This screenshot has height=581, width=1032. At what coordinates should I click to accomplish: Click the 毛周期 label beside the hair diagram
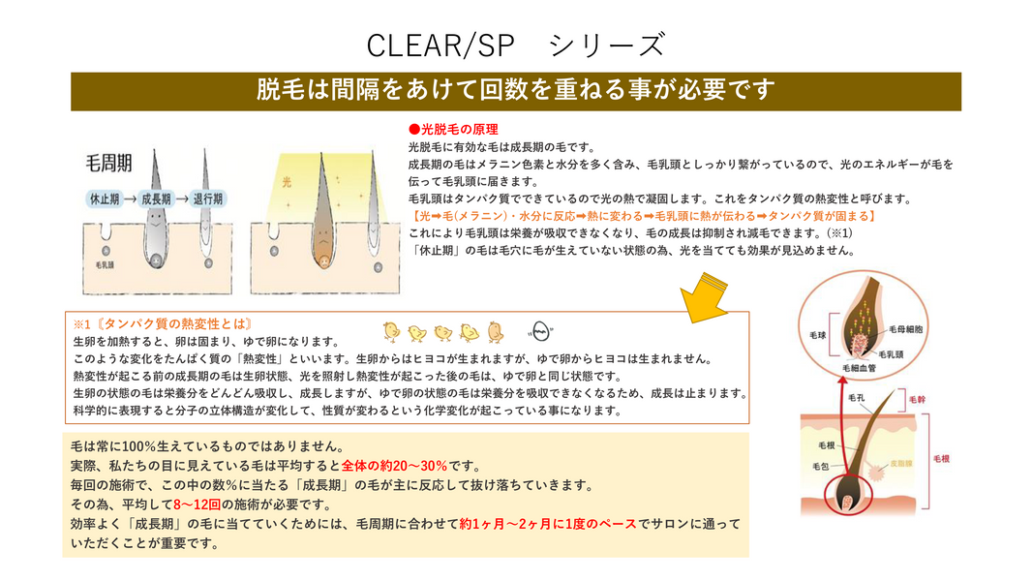(x=109, y=164)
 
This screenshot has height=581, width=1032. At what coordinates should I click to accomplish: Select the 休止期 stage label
(x=105, y=199)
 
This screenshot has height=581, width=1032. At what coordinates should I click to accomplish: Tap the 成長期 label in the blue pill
(x=156, y=199)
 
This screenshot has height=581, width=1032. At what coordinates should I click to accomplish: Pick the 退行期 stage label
(x=207, y=199)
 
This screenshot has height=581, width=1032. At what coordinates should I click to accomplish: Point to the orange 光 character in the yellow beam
(x=287, y=182)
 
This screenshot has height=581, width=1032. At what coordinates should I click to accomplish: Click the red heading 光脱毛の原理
(x=453, y=130)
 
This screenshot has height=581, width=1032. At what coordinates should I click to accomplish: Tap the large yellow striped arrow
(x=704, y=298)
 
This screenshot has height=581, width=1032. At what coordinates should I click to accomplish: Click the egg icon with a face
(x=540, y=331)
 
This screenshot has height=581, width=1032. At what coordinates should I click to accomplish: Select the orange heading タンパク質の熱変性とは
(x=163, y=323)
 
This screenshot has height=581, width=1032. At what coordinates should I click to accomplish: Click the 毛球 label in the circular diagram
(x=817, y=335)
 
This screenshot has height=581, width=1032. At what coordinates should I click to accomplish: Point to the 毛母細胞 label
(x=905, y=329)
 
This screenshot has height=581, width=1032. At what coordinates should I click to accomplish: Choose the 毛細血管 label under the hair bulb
(x=860, y=368)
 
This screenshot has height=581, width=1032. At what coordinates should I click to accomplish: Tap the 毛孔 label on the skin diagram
(x=856, y=398)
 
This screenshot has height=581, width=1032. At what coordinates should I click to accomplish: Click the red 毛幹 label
(x=917, y=399)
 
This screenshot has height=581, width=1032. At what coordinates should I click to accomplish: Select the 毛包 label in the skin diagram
(x=820, y=467)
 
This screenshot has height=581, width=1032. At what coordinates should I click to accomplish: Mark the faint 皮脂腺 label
(x=901, y=463)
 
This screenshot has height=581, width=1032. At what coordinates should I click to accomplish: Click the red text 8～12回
(x=197, y=505)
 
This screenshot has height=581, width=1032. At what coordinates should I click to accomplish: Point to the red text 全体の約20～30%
(x=394, y=466)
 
